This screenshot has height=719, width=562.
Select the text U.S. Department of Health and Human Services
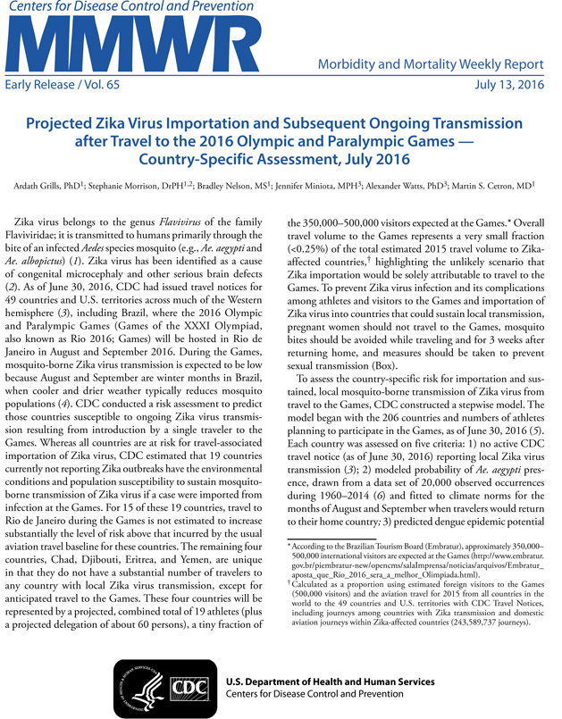point(330,681)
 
